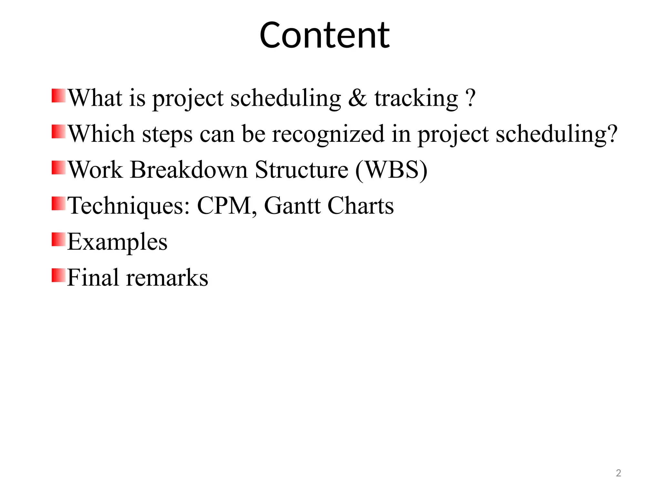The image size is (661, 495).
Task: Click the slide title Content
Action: click(x=324, y=35)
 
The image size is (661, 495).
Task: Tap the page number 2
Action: click(x=618, y=473)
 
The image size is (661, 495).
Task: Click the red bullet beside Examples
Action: click(x=58, y=239)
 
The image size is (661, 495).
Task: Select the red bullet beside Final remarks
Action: click(x=58, y=275)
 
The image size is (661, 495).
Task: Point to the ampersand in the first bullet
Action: click(x=358, y=98)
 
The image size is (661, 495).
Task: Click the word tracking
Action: click(x=416, y=99)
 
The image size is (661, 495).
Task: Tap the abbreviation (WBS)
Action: click(x=391, y=170)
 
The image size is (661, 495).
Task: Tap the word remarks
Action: click(x=167, y=278)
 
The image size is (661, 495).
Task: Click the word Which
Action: click(x=101, y=134)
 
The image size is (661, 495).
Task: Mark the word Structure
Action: click(x=301, y=170)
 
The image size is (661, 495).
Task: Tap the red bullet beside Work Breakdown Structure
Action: click(x=58, y=168)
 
